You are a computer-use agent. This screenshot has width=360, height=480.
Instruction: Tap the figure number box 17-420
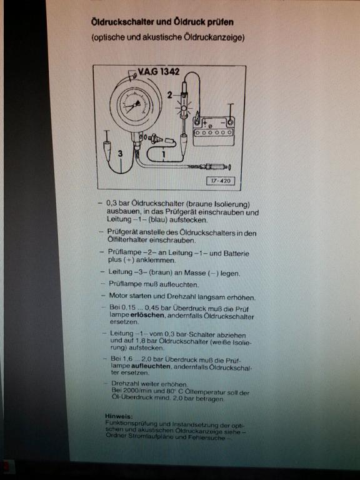221,181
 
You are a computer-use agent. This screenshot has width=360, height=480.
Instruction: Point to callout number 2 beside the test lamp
169,95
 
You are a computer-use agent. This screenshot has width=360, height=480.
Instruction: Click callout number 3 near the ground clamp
120,153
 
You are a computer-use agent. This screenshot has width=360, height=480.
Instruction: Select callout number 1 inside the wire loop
164,154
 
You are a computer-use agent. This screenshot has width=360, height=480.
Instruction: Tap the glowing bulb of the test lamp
184,108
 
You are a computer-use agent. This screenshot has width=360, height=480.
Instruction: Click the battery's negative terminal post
230,122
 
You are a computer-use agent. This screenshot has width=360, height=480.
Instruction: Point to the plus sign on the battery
204,122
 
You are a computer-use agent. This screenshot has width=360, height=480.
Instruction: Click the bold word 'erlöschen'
147,315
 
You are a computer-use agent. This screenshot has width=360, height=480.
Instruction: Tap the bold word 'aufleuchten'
151,366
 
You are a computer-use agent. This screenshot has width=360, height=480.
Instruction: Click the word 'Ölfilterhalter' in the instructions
127,240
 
